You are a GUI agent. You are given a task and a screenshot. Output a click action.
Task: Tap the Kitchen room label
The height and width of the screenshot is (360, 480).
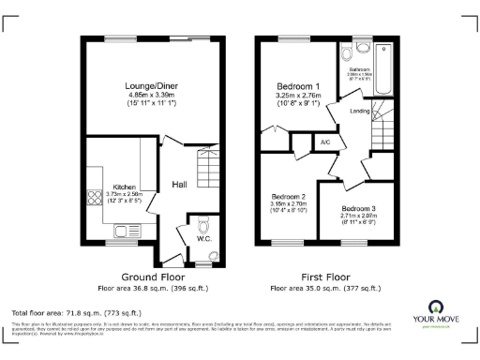[x=125, y=186]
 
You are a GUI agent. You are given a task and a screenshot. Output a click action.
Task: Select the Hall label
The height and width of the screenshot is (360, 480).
[x=178, y=185]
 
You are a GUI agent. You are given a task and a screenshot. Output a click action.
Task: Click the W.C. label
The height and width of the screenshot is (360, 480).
[x=203, y=238]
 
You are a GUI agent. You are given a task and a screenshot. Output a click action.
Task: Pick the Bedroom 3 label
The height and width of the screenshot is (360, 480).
[x=358, y=207]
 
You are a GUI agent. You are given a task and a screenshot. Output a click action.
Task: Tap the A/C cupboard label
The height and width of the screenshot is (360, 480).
[x=325, y=142]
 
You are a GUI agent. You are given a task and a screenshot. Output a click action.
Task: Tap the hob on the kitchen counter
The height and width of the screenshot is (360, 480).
[x=94, y=197]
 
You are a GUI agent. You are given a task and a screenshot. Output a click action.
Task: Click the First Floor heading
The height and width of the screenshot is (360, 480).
[x=326, y=277]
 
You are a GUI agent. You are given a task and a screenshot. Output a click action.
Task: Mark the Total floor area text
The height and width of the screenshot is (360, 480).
[x=76, y=311]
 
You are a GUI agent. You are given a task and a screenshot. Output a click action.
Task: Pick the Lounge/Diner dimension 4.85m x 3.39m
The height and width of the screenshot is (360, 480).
[x=154, y=97]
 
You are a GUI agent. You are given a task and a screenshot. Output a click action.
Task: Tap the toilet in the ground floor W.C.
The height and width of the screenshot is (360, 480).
[x=204, y=223]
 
